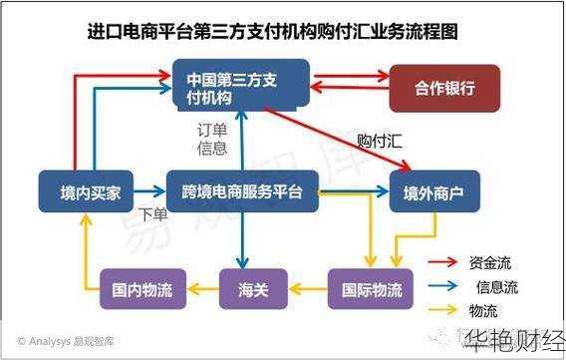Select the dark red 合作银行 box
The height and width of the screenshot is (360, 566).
[444, 87]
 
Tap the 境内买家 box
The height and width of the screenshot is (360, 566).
[83, 192]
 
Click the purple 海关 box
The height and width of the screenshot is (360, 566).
[253, 290]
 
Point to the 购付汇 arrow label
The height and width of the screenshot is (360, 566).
[381, 142]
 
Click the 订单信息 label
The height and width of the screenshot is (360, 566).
[210, 140]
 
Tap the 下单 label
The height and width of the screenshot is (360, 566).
[152, 214]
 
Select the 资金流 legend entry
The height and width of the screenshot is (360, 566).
[488, 263]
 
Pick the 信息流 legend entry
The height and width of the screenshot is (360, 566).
[494, 287]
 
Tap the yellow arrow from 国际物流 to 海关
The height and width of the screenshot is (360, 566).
[308, 290]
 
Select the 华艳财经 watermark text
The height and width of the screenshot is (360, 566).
[512, 343]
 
